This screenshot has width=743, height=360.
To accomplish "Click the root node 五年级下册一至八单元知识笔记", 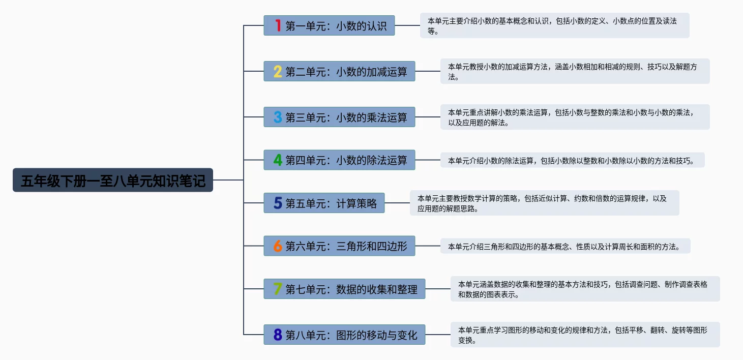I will click(113, 181).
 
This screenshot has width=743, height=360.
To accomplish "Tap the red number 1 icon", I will click(278, 25).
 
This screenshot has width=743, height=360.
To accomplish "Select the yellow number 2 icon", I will click(278, 71).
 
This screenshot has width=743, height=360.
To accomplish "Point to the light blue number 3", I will click(278, 117).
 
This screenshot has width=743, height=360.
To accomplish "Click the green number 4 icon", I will click(278, 160).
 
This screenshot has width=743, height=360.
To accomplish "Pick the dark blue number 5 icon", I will click(278, 203).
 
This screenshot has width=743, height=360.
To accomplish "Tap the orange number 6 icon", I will click(278, 246).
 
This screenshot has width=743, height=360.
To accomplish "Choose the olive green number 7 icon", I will click(278, 289).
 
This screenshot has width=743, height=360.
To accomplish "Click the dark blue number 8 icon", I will click(278, 335).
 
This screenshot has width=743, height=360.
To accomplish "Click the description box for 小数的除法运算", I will click(572, 161).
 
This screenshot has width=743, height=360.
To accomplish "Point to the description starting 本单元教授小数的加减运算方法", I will click(575, 71).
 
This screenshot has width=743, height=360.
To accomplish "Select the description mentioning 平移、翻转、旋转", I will click(585, 335).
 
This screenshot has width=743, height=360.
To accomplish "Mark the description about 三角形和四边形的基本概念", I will click(565, 247).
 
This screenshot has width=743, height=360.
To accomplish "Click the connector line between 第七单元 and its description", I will click(438, 289).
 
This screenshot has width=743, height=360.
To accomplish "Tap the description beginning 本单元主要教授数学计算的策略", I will click(544, 203).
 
